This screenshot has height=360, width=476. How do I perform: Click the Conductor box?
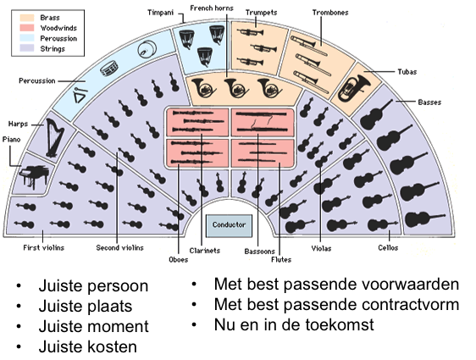[229, 225]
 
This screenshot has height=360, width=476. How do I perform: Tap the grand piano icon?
[34, 177]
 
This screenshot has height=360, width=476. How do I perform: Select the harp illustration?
[55, 138]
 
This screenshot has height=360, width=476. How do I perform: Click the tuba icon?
[354, 88]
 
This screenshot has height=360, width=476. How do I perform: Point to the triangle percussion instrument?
[80, 96]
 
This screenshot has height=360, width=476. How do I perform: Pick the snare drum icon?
[109, 69]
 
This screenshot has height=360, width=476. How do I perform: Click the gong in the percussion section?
[147, 49]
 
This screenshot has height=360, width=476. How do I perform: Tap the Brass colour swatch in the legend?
[27, 18]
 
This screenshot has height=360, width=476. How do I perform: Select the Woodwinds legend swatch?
[27, 28]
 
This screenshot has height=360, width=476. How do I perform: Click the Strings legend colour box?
[27, 48]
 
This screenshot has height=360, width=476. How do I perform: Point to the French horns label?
[212, 8]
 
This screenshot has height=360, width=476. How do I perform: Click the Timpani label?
[160, 13]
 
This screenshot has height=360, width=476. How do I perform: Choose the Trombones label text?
[330, 13]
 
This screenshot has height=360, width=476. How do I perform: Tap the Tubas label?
[407, 72]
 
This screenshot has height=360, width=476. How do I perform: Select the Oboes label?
[179, 260]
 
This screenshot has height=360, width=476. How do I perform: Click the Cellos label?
[388, 248]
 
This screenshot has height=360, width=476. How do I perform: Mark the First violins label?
[44, 248]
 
